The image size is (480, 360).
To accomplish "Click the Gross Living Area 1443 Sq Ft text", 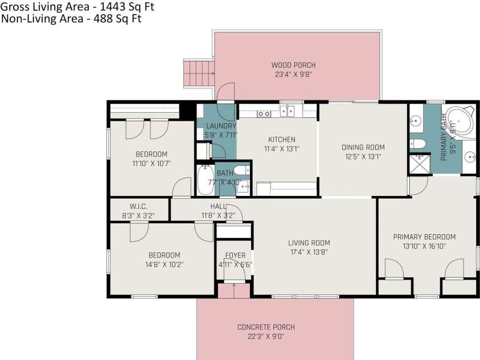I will [77, 7].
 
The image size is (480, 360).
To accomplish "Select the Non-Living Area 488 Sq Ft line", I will [71, 18].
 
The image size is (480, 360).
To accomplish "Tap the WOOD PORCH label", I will [293, 65].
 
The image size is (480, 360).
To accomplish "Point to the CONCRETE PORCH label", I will [266, 327].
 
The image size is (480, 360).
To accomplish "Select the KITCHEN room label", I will [282, 140].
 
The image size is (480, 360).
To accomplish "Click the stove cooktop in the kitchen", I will [264, 113].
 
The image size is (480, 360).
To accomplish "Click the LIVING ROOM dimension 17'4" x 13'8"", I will [308, 252].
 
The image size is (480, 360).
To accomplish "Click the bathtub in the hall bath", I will [204, 181].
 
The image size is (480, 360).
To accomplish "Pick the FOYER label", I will [235, 255].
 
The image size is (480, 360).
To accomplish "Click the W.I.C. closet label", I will [138, 206].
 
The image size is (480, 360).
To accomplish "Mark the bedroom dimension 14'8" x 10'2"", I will [164, 264].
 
